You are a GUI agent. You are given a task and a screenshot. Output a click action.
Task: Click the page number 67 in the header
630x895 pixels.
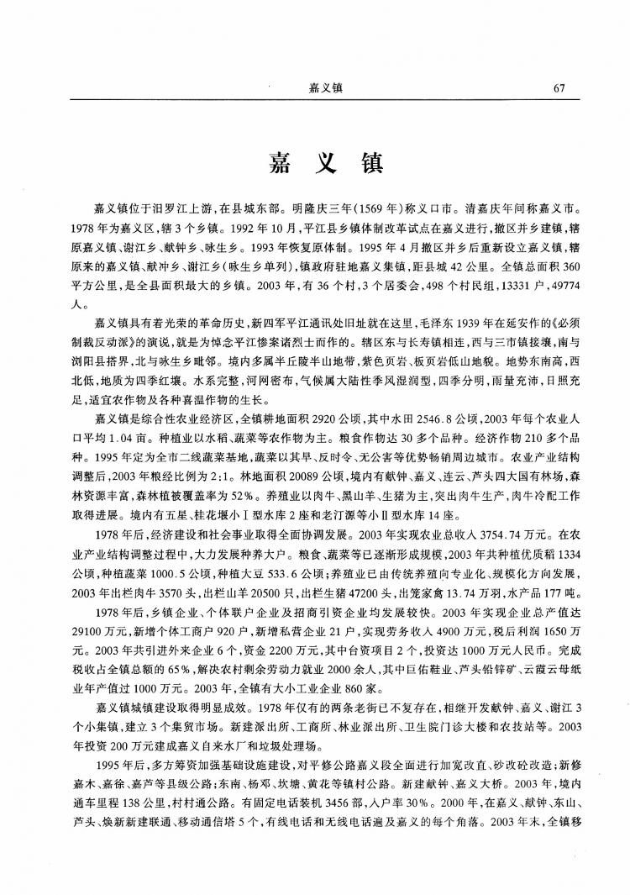point(561,87)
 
